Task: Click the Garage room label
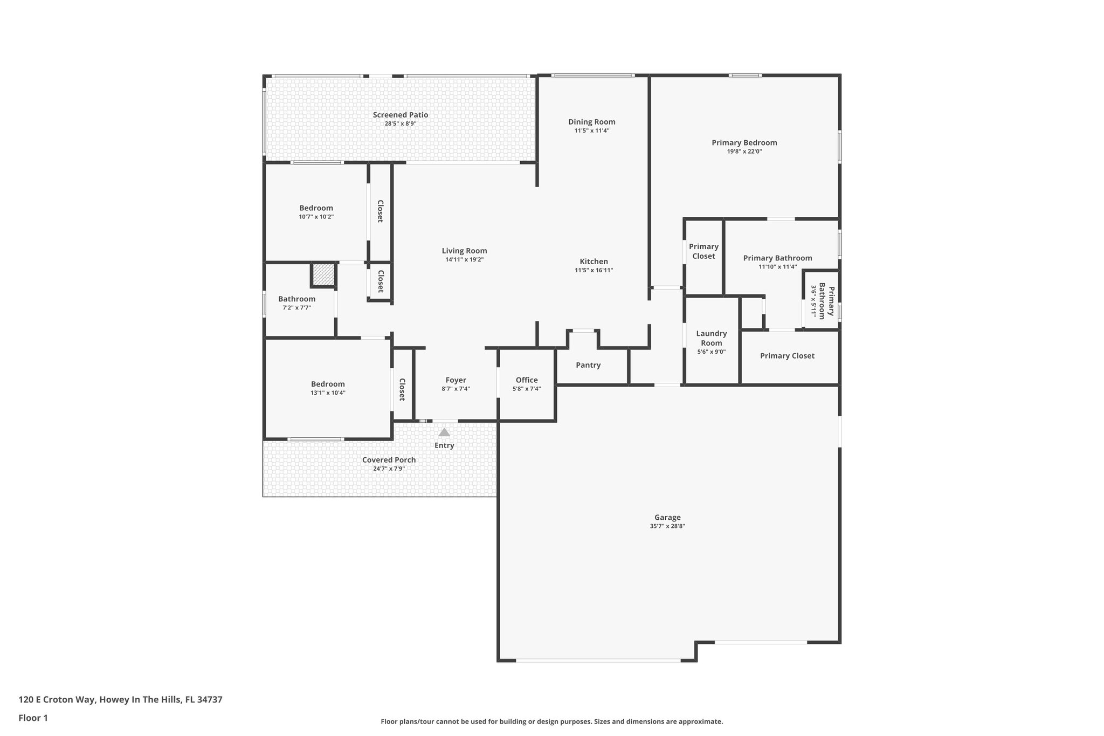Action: point(667,517)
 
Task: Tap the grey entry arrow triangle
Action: point(444,432)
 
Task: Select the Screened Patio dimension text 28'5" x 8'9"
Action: point(400,123)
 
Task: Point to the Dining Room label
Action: point(591,122)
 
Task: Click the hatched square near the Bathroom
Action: point(323,274)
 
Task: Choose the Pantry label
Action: point(588,365)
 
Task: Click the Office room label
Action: point(526,380)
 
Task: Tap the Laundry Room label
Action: point(711,338)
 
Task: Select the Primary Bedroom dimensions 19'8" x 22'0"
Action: point(744,152)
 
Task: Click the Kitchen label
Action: point(594,262)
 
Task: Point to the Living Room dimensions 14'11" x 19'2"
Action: point(464,259)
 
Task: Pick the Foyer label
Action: point(456,380)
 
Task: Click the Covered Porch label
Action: point(389,460)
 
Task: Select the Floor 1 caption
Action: point(33,718)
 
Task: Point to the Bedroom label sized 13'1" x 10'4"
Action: point(327,384)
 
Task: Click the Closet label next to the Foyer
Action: point(402,389)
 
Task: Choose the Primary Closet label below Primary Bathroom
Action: point(787,356)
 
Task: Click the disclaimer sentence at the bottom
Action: point(551,721)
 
